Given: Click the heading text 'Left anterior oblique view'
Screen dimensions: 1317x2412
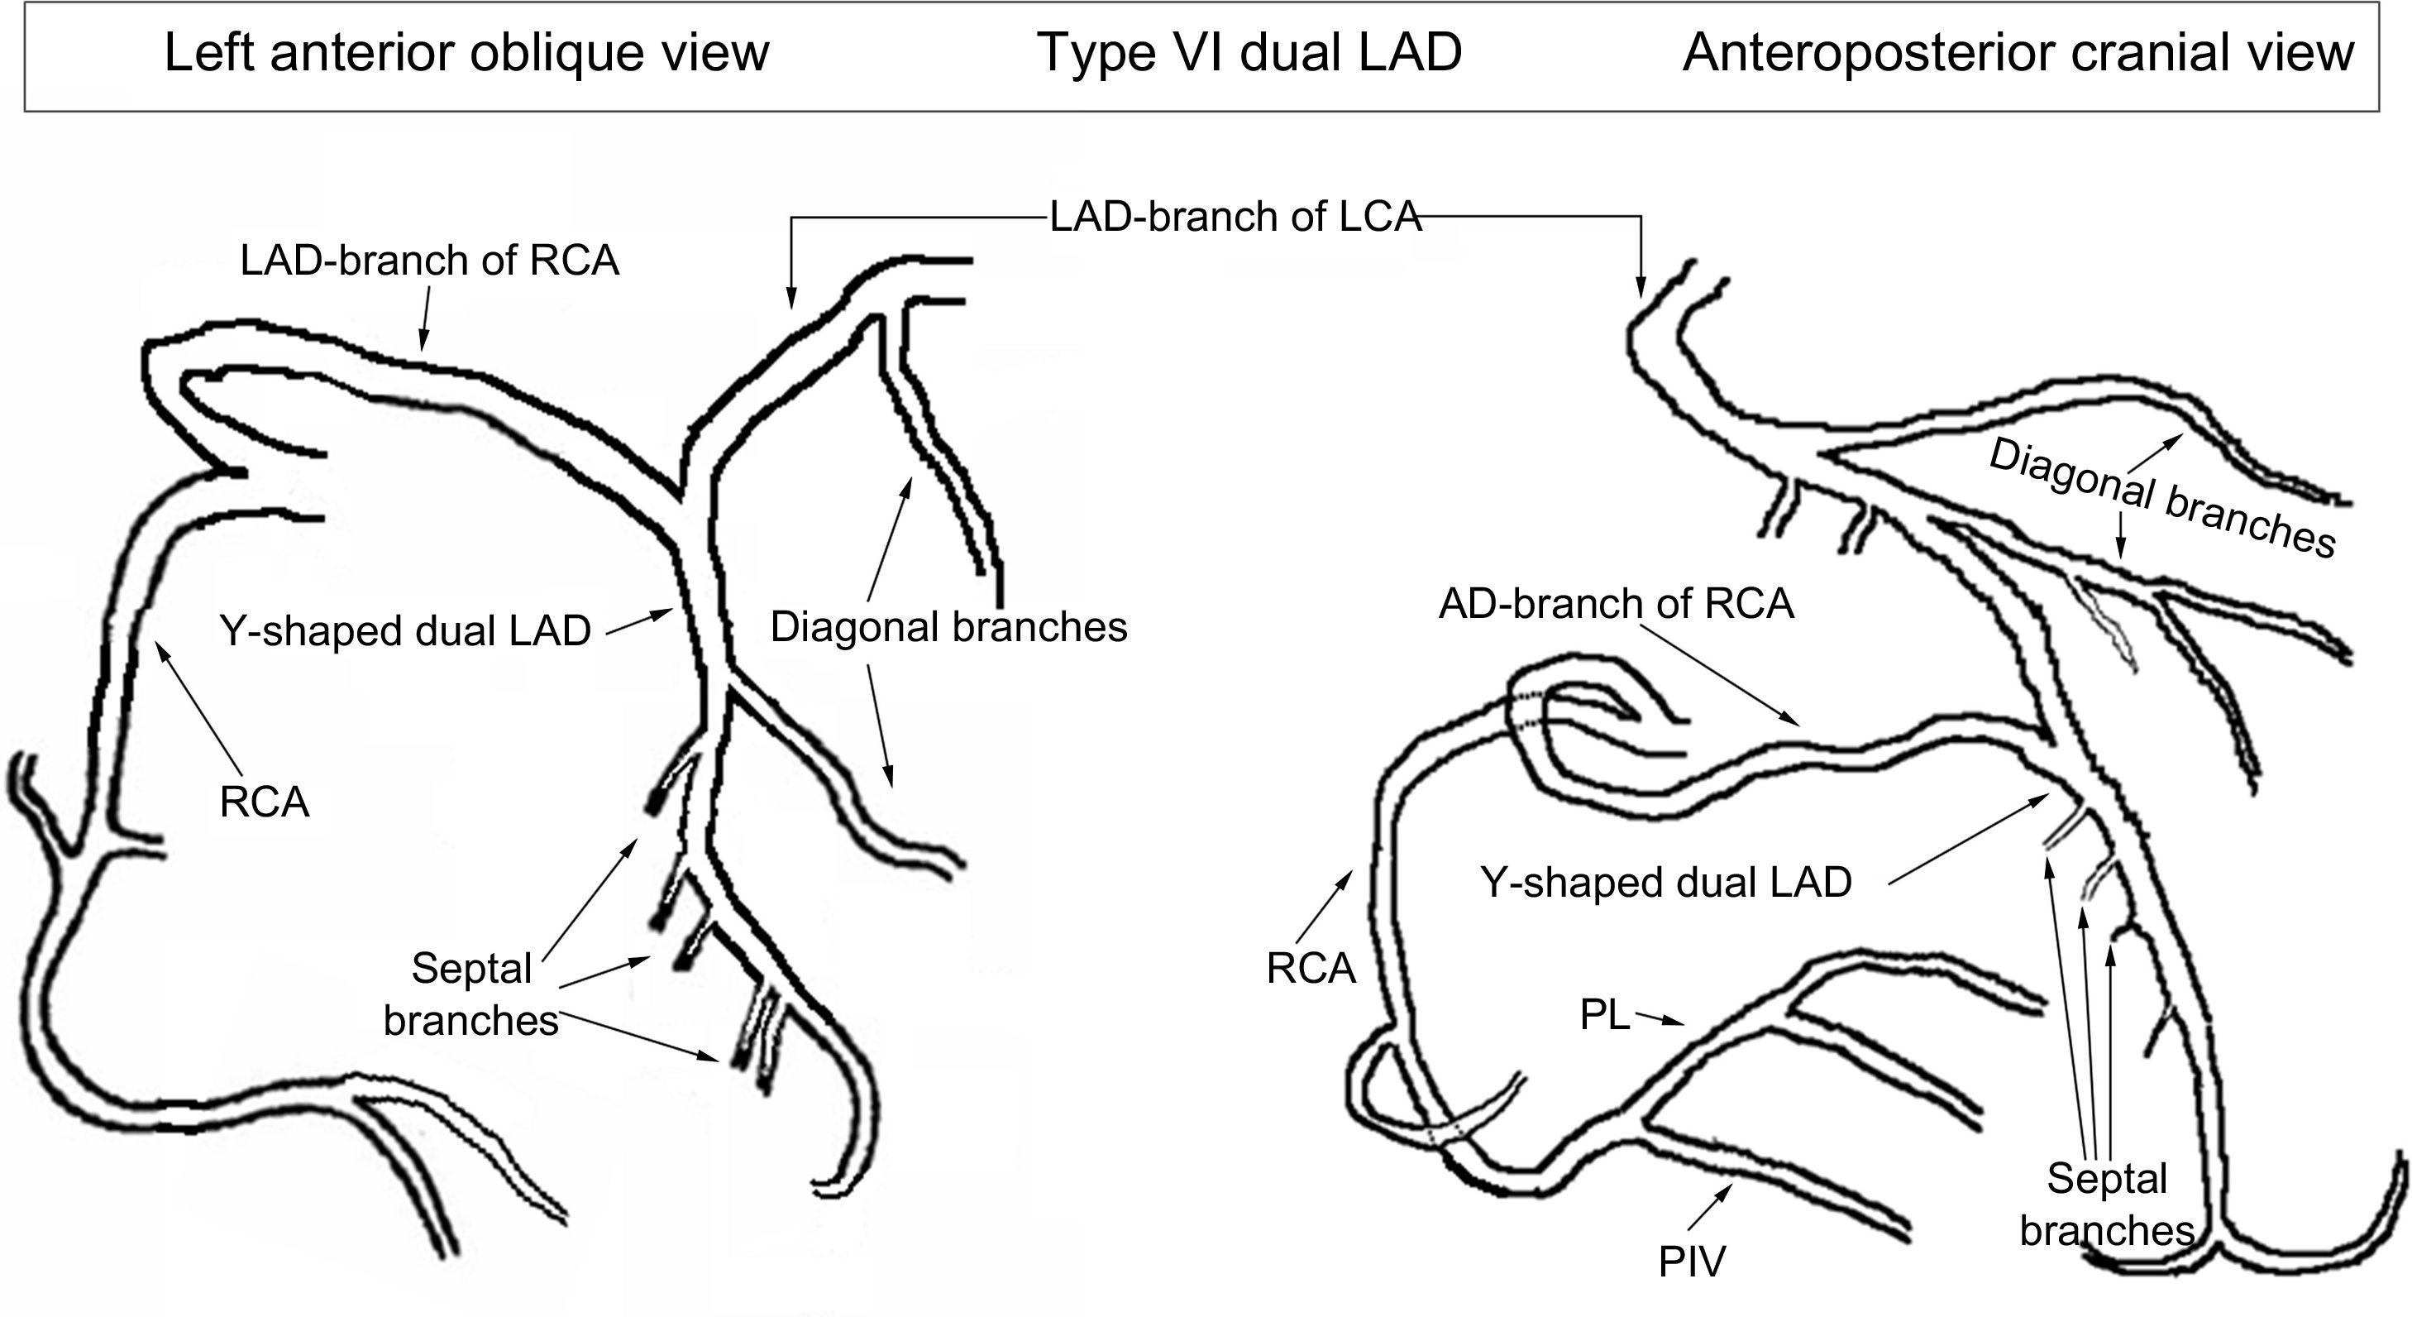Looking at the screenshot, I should point(466,52).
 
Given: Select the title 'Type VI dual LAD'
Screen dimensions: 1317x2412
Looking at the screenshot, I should point(1249,52).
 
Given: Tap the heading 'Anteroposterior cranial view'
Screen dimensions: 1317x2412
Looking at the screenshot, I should point(2018,52).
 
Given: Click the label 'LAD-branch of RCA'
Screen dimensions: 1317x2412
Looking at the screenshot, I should point(430,261).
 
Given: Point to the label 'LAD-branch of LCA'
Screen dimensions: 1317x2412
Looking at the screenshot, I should point(1235,218).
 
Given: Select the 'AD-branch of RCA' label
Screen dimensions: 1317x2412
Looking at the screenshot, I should point(1616,604).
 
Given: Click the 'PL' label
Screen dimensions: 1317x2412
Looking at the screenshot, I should point(1604,1015).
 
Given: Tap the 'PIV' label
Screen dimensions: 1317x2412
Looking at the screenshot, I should point(1691,1262).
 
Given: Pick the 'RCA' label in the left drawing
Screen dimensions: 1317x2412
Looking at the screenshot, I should point(264,802).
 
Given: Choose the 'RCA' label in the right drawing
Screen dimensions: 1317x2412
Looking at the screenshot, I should point(1311,969).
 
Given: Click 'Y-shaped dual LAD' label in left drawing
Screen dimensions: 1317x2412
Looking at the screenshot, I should point(405,631).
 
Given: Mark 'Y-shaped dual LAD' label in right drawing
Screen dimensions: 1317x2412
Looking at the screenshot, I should point(1665,883).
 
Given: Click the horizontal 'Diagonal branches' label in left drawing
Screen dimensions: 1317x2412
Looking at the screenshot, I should point(948,628).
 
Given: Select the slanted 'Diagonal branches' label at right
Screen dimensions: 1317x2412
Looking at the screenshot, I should point(2162,500).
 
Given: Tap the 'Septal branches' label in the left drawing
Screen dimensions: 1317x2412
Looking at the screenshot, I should point(471,994).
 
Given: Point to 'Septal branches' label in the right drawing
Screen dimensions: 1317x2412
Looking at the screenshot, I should point(2107,1204).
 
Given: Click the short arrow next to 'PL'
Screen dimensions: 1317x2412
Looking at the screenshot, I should point(1658,1021).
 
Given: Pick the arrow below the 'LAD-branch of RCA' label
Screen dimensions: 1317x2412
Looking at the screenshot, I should point(425,318).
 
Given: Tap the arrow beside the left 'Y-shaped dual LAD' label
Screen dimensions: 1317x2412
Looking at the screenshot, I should point(639,623).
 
